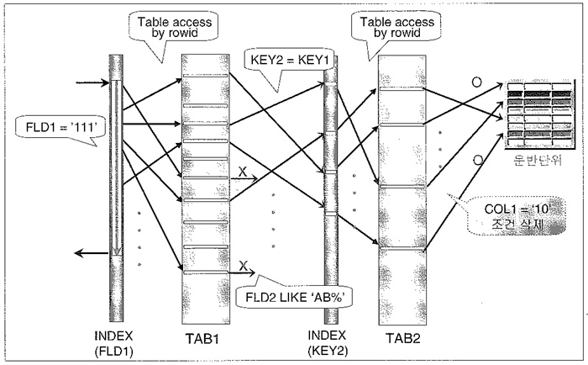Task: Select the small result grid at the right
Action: (537, 114)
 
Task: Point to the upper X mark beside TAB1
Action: (244, 172)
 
